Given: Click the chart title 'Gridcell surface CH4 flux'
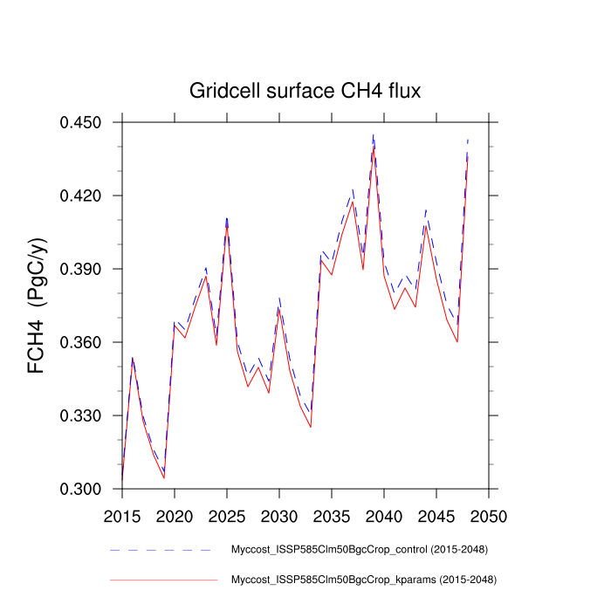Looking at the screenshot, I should click(305, 92).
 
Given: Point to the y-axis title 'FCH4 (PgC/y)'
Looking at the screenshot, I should click(38, 305).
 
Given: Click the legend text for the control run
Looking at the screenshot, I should click(359, 550).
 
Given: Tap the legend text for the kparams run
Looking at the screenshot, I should click(362, 579).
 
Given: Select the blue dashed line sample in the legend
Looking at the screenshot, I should click(161, 550).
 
